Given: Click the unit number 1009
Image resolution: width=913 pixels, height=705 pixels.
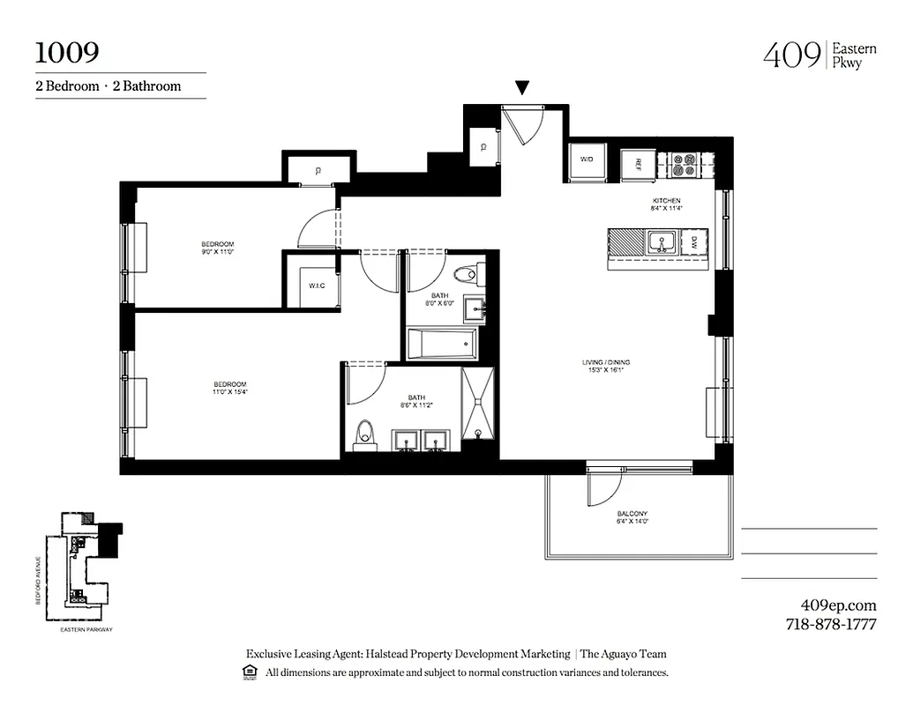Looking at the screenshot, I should coord(67,52).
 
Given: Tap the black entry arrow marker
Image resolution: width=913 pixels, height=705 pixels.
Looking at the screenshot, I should coord(522,87).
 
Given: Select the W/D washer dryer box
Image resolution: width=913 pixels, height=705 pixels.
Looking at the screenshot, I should coord(587,160).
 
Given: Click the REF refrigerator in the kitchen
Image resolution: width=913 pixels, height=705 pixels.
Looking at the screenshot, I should coord(636,165).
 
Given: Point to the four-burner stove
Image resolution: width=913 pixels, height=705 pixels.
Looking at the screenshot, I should coord(685,165).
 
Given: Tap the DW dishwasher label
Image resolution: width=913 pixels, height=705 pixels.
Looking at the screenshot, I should coord(694,241).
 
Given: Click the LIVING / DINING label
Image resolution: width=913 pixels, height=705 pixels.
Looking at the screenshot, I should coord(605,362).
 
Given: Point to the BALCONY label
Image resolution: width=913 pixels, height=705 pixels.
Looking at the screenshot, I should coord(632,514).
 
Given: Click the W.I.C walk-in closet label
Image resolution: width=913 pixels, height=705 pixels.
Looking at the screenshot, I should coord(318,286).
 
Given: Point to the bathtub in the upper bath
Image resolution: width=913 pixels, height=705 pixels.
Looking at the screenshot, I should coord(441,344).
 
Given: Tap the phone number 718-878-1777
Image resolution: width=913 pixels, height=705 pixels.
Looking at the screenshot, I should coord(830,625).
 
